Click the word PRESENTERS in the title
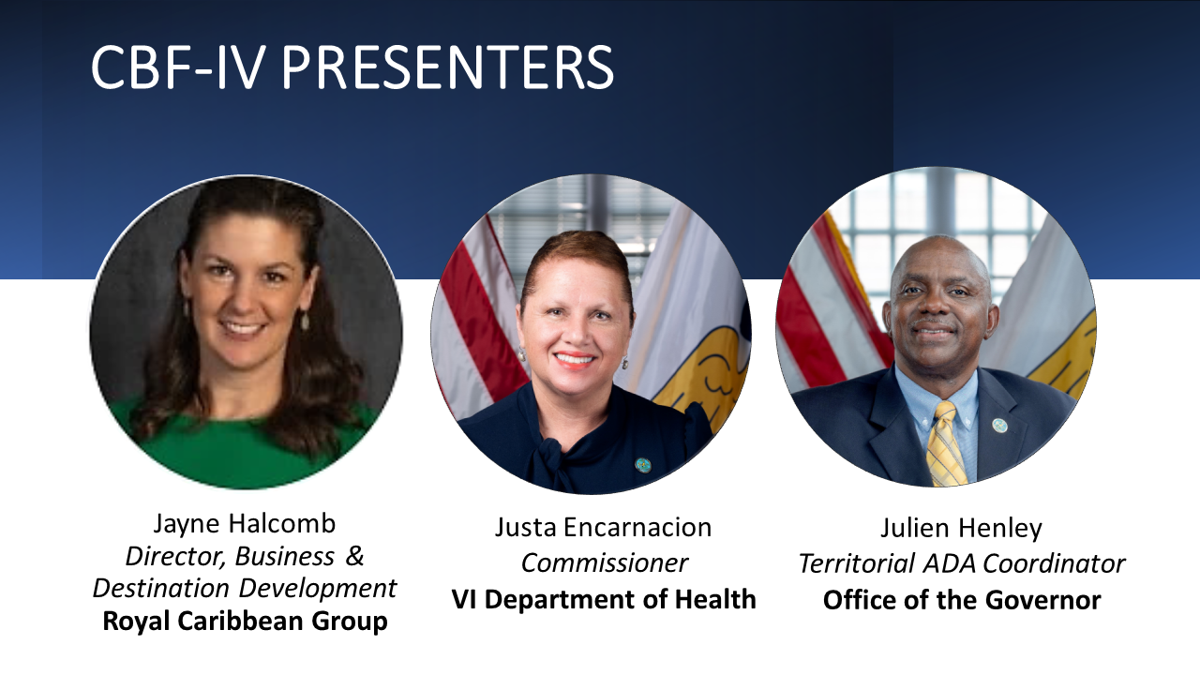(x=447, y=67)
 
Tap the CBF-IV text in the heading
(x=178, y=67)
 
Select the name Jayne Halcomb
(x=245, y=524)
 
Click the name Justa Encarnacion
(x=603, y=527)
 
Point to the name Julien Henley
(x=962, y=528)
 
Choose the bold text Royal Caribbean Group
(x=245, y=622)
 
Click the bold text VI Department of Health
(x=604, y=599)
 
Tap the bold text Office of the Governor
(x=962, y=600)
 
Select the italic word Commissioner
(x=605, y=563)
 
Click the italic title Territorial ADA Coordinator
(x=962, y=563)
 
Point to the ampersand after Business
(x=354, y=556)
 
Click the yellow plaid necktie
(x=946, y=444)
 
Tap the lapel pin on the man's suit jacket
(x=999, y=426)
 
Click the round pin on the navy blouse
(x=643, y=465)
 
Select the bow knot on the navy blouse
(x=553, y=459)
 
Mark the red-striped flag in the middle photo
(x=477, y=316)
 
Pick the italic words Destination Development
(x=245, y=588)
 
